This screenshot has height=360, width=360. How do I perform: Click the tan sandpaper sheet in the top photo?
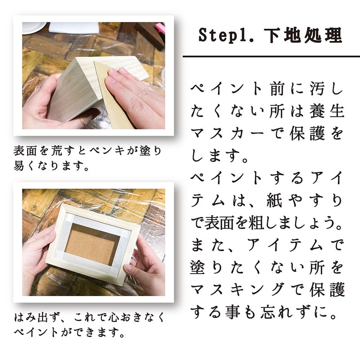[115, 101]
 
